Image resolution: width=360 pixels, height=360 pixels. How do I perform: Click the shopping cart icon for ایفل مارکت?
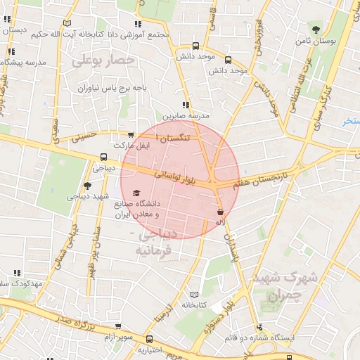(x=131, y=135)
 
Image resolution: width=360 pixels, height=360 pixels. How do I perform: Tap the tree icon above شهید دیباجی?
(x=87, y=186)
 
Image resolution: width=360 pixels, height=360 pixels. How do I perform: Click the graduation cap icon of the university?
(x=136, y=193)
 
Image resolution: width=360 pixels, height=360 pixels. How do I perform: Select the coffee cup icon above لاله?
(x=221, y=211)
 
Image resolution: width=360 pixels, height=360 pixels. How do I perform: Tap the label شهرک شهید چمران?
(x=285, y=283)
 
